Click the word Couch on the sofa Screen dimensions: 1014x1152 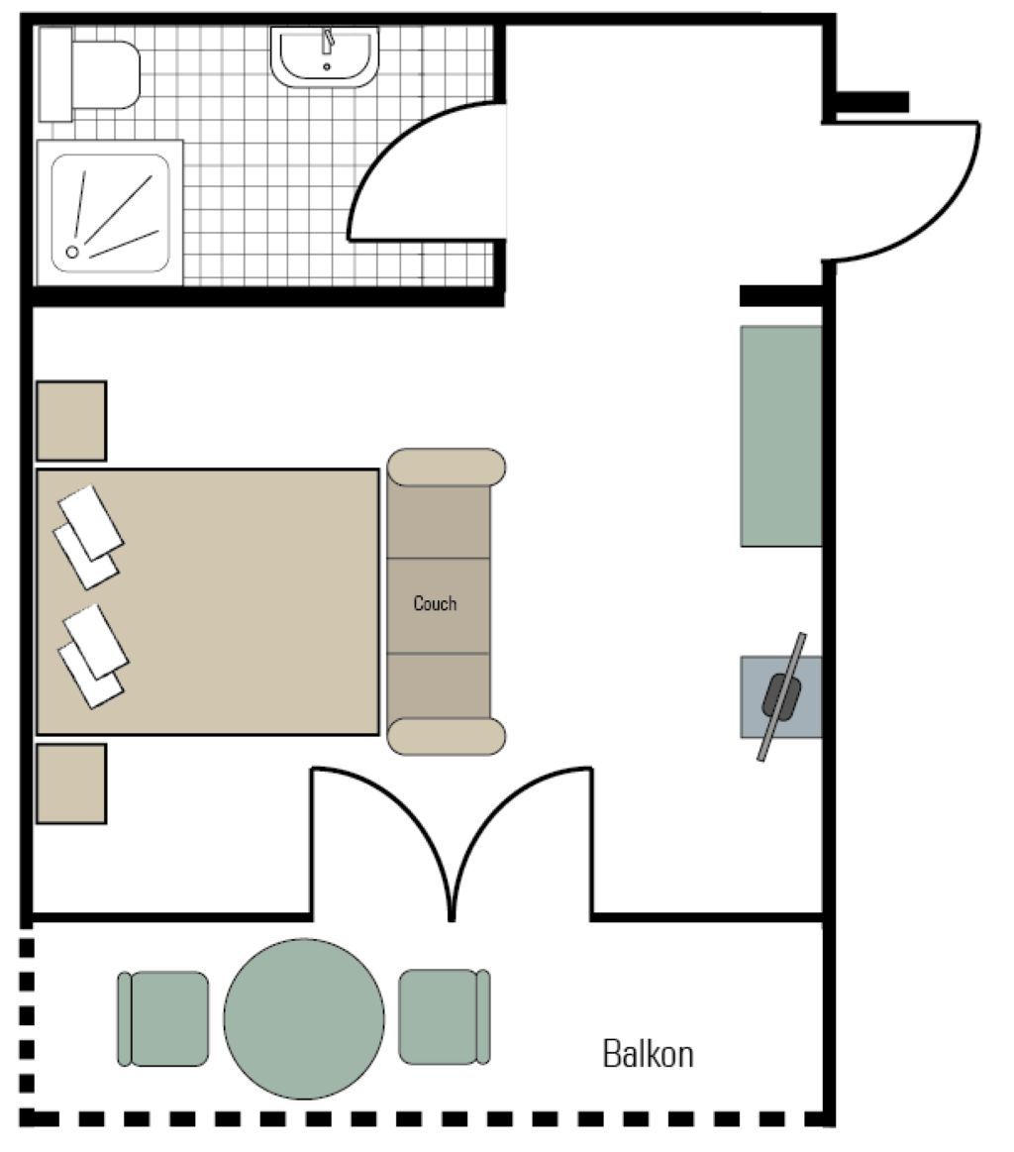[435, 603]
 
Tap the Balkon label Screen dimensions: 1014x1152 [648, 1054]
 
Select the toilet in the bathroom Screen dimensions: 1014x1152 [89, 74]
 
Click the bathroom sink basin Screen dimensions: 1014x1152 [325, 55]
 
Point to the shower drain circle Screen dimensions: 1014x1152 [72, 252]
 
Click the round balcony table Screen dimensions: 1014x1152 [304, 1018]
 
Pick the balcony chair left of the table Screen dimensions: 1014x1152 [163, 1018]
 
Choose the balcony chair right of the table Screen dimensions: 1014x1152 [445, 1017]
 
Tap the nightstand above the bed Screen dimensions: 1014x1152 [71, 421]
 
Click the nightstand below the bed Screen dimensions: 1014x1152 [71, 784]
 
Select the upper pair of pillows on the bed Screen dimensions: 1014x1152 [88, 536]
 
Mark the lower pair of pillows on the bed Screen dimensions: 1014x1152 [92, 656]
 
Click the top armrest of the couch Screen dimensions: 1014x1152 [447, 468]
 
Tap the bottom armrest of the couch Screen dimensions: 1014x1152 [447, 736]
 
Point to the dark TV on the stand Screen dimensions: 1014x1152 [782, 695]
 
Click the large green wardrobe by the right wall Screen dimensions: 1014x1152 [781, 437]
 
